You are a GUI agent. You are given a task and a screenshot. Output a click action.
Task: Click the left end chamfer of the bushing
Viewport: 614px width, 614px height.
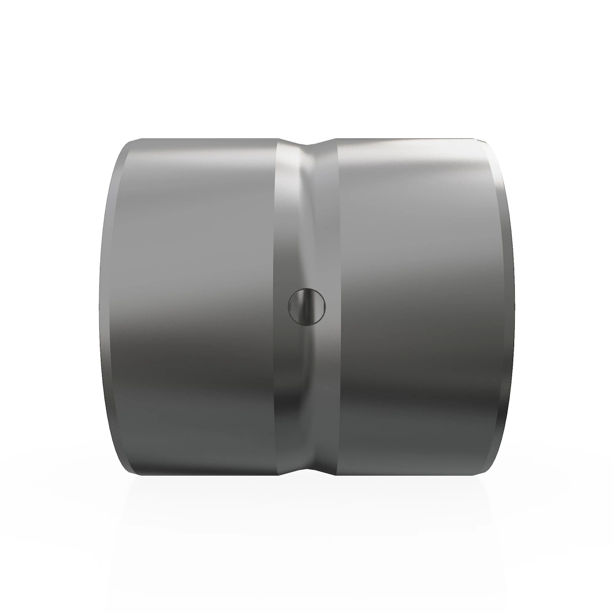point(112,306)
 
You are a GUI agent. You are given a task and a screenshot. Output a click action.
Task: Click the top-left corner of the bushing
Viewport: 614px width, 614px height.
point(134,140)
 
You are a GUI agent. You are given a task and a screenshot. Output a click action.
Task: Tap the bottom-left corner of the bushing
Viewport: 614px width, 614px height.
point(134,473)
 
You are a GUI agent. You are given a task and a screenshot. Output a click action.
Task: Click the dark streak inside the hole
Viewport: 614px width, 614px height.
point(302,306)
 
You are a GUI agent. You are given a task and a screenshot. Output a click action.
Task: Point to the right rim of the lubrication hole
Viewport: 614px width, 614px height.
point(324,306)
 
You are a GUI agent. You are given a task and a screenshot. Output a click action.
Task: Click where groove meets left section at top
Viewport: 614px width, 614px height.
point(279,139)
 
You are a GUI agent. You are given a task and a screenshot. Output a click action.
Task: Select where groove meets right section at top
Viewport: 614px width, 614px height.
point(335,139)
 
